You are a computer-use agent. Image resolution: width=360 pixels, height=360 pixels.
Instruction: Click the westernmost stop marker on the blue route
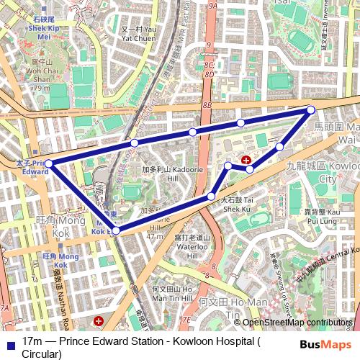pyautogui.click(x=48, y=164)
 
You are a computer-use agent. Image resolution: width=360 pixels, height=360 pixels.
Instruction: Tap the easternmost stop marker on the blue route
pyautogui.click(x=311, y=109)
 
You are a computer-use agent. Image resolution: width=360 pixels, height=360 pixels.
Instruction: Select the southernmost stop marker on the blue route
pyautogui.click(x=116, y=231)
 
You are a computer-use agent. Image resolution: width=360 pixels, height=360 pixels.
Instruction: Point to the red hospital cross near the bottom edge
pyautogui.click(x=99, y=319)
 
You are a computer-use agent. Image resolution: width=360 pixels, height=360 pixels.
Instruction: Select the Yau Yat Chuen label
pyautogui.click(x=138, y=34)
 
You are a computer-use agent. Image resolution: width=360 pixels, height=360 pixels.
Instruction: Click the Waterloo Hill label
pyautogui.click(x=192, y=246)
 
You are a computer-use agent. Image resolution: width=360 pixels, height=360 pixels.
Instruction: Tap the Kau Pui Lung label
pyautogui.click(x=323, y=217)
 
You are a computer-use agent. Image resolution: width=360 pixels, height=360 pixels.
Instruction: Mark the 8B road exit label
pyautogui.click(x=207, y=105)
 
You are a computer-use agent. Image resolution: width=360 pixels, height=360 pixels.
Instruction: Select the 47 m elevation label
pyautogui.click(x=155, y=235)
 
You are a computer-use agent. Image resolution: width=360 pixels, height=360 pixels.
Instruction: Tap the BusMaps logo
pyautogui.click(x=325, y=344)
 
